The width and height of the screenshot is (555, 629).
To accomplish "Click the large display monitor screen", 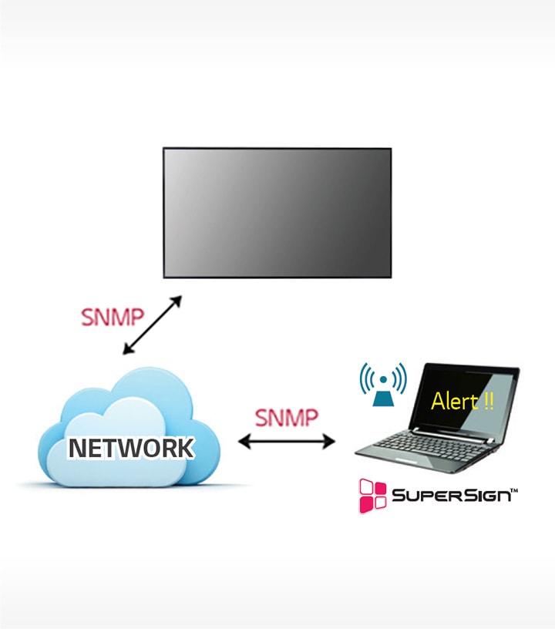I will coord(277,212).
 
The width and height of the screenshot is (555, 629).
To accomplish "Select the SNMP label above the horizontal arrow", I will coord(286,417).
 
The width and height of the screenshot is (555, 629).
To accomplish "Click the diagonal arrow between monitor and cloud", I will coord(152,325).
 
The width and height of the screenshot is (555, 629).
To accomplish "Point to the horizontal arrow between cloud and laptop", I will coord(287,442).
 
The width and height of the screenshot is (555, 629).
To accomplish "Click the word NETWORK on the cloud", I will coord(130,448).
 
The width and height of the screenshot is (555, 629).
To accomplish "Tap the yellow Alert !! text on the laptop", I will coord(462,401).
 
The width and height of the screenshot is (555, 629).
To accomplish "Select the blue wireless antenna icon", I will coord(382,384).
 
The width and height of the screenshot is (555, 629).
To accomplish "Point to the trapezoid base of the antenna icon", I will coord(382,398).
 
